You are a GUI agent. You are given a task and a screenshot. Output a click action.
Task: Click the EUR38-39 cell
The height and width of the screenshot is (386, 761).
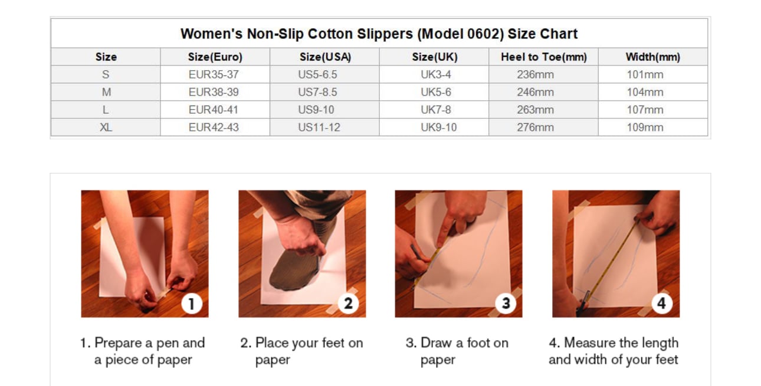pyautogui.click(x=214, y=92)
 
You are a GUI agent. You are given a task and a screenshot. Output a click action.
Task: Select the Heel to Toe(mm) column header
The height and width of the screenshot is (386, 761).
pyautogui.click(x=544, y=57)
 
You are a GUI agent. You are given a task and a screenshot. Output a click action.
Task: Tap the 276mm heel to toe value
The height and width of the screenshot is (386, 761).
pyautogui.click(x=536, y=127)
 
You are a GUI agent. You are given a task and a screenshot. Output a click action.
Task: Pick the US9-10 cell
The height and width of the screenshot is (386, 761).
pyautogui.click(x=316, y=110)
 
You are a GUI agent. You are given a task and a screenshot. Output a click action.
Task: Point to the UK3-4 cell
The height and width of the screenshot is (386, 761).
pyautogui.click(x=436, y=74)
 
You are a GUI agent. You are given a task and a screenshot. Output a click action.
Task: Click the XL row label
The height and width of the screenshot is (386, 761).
pyautogui.click(x=106, y=127)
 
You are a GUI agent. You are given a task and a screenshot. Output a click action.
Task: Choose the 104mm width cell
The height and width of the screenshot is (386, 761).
pyautogui.click(x=645, y=92)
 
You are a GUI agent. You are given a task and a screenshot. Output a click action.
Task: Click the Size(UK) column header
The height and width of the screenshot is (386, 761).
pyautogui.click(x=435, y=57)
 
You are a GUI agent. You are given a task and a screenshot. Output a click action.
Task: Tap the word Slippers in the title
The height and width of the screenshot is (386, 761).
pyautogui.click(x=385, y=34)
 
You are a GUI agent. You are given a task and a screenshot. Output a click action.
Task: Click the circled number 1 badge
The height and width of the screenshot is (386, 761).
pyautogui.click(x=192, y=303)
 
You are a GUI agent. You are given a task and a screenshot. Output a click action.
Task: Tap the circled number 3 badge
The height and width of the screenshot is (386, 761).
pyautogui.click(x=506, y=303)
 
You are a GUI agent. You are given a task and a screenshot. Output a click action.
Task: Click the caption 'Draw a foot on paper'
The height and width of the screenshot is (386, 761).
pyautogui.click(x=457, y=351)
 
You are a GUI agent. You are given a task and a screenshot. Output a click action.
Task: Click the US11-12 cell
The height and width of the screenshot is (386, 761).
pyautogui.click(x=319, y=127)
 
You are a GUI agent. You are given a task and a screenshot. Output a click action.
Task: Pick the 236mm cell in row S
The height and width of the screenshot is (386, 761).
pyautogui.click(x=536, y=74)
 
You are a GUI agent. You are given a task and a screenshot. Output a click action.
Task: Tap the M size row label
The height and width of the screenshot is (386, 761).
pyautogui.click(x=106, y=92)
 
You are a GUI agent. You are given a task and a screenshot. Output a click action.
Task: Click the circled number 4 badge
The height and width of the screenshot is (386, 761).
pyautogui.click(x=661, y=303)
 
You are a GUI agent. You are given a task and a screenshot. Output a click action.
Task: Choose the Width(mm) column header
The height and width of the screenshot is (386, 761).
pyautogui.click(x=653, y=57)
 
